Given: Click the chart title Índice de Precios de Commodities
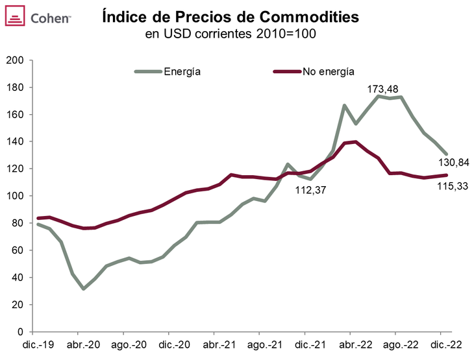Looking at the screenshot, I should (x=231, y=18).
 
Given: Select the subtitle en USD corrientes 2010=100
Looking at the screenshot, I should (x=231, y=34).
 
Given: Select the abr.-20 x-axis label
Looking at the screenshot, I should (x=82, y=344).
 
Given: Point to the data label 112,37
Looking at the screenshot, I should (x=312, y=190).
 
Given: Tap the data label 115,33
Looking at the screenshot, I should (x=451, y=186).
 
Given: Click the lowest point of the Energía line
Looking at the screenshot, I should (x=84, y=288).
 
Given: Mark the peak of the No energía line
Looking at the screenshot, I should (x=355, y=141).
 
